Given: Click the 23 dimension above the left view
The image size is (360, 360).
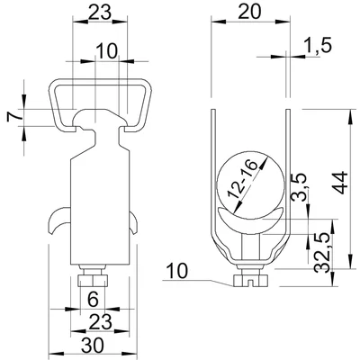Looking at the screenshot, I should coord(98,13).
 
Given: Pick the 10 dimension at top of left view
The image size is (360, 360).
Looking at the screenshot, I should coord(106,52).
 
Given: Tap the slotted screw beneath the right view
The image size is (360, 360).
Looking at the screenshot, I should coord(249,280).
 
